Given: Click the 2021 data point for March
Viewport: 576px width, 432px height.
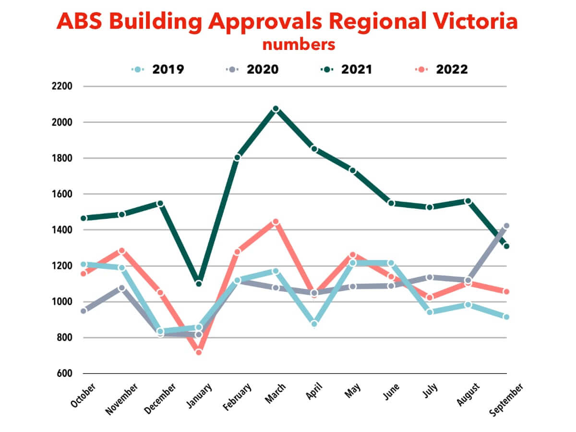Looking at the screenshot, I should click(276, 109).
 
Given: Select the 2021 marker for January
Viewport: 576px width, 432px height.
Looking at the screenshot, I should click(198, 284).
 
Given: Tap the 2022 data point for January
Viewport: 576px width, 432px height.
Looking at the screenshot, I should click(198, 352).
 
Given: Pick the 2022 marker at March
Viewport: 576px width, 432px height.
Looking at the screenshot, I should click(276, 222).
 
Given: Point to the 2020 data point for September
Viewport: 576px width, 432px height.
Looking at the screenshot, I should click(506, 226).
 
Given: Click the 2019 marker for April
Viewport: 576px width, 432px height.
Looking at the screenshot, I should click(314, 324).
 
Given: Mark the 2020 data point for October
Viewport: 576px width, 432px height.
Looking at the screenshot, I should click(84, 311).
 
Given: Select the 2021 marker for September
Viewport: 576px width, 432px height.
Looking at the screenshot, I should click(506, 246).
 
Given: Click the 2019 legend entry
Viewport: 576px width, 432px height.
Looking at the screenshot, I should click(158, 69).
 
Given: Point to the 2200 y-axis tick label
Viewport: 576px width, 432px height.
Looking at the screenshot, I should click(62, 86).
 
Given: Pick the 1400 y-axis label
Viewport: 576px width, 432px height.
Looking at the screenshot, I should click(62, 230).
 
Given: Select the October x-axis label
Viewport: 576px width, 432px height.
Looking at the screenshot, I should click(83, 395).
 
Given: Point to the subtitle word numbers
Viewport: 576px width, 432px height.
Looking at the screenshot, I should click(298, 45).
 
